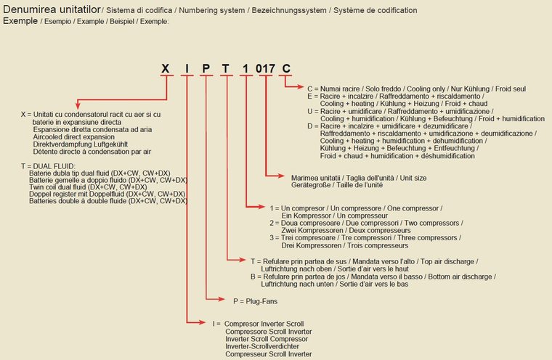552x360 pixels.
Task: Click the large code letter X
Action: coord(166,69)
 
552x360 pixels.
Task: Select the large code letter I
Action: coord(187,69)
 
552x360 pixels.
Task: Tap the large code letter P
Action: coord(207,69)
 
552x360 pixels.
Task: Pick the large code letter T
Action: coord(227,69)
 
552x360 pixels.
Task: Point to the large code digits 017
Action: coord(265,69)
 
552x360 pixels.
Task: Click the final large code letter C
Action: coord(286,69)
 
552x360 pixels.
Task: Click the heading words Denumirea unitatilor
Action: coord(51,10)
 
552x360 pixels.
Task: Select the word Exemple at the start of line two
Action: coord(20,21)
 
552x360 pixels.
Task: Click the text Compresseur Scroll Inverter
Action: coord(269,354)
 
